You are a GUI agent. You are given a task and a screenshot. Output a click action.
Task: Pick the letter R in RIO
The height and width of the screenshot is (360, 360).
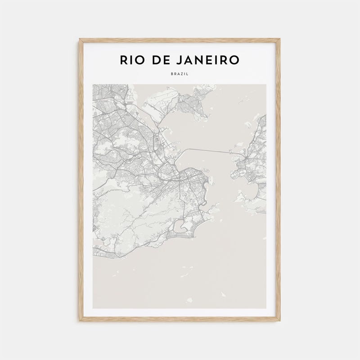122,60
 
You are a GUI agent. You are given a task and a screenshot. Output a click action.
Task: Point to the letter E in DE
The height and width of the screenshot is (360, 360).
166,60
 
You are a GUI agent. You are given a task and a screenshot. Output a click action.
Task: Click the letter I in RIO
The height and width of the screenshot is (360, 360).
130,60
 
